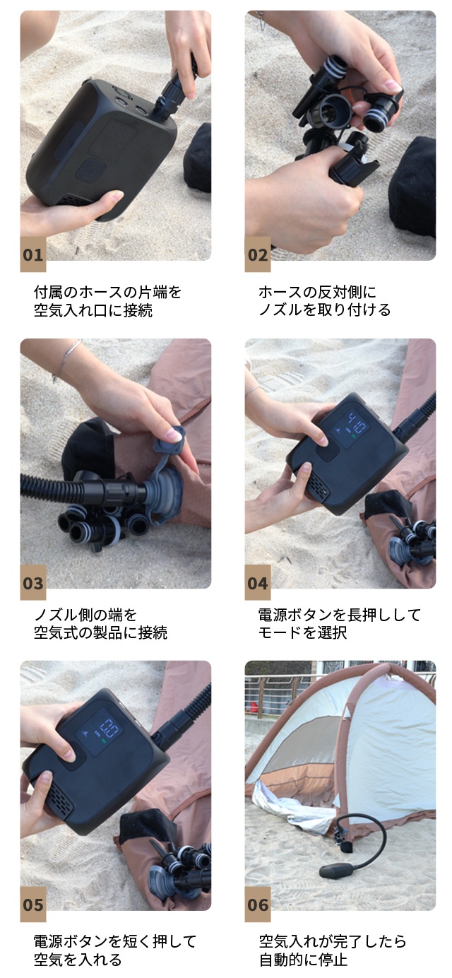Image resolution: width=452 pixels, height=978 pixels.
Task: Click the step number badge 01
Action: [33, 254]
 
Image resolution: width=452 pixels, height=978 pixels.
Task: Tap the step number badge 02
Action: [258, 254]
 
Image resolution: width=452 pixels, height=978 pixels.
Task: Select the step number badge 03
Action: [33, 583]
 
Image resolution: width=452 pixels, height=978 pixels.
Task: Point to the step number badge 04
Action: [258, 583]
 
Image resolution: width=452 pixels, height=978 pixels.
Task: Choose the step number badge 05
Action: [33, 905]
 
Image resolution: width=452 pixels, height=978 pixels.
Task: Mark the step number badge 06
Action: [258, 905]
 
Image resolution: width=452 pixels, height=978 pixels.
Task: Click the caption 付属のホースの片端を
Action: [107, 292]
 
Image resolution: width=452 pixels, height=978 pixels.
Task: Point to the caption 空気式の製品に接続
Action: [101, 632]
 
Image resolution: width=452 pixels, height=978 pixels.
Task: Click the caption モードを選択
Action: [303, 632]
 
